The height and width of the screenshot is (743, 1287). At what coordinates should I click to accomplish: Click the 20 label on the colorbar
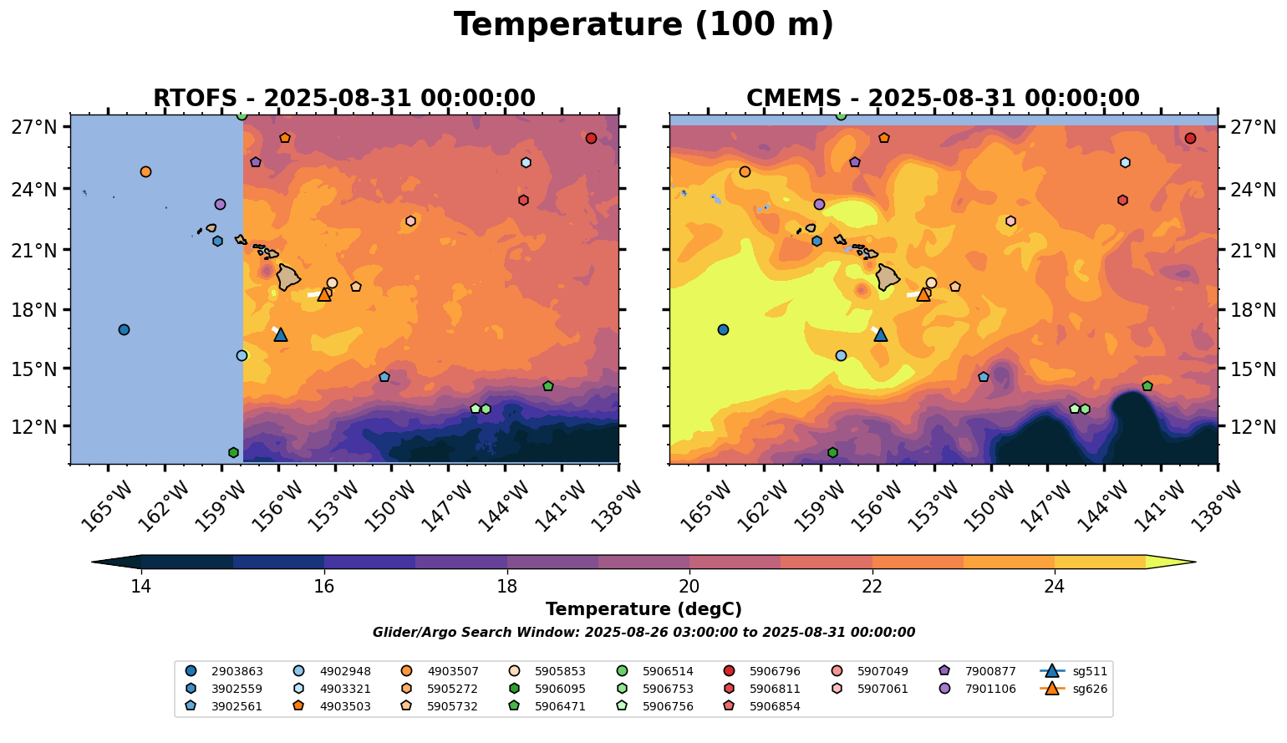point(689,586)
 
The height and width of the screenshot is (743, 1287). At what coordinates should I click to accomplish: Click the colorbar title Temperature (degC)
point(643,609)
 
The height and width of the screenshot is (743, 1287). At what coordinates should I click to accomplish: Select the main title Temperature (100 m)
point(643,25)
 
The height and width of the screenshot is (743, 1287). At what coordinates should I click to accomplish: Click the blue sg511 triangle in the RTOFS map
point(280,334)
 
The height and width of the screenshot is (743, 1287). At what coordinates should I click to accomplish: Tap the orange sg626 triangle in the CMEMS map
point(923,294)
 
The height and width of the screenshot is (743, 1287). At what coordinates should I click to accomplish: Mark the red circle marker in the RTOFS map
point(591,138)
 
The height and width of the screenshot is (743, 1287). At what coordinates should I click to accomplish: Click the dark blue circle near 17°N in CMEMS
point(723,329)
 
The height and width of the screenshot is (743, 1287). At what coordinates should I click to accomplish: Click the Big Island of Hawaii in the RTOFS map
point(288,277)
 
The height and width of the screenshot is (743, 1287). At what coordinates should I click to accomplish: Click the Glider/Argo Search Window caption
point(643,633)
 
